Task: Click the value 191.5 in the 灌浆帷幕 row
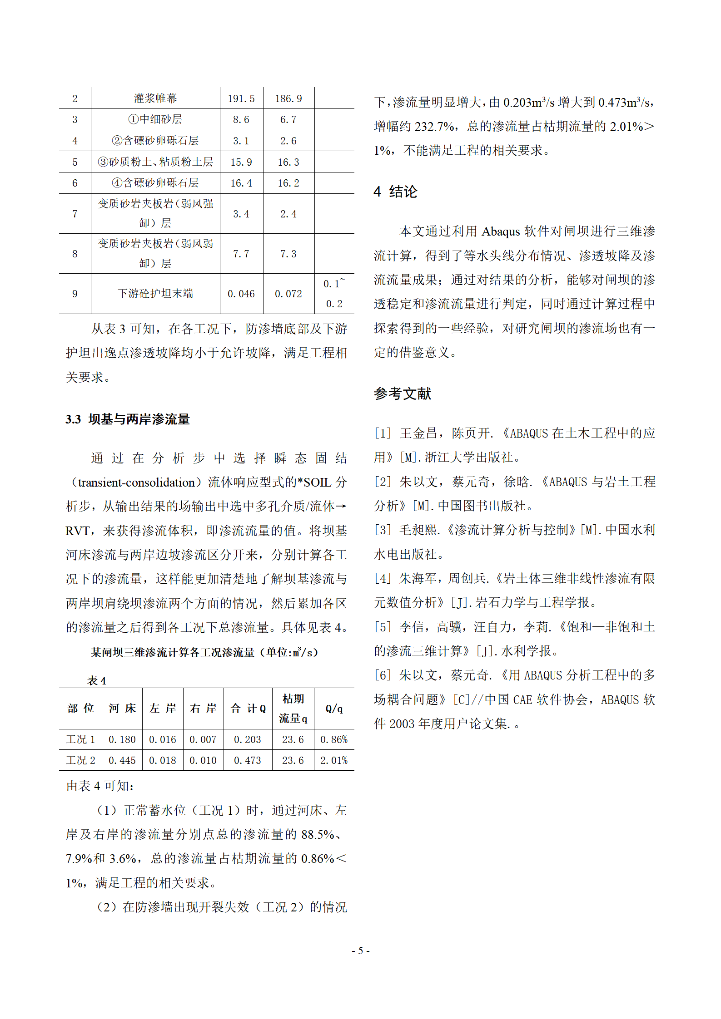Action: click(x=241, y=98)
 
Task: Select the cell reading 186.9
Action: click(x=288, y=98)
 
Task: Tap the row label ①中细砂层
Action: click(x=155, y=119)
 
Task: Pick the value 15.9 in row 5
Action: click(x=241, y=162)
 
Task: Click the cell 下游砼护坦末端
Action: click(x=155, y=294)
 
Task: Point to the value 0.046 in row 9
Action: click(x=241, y=294)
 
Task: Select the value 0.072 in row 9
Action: click(x=288, y=294)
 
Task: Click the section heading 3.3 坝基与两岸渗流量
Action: click(x=128, y=419)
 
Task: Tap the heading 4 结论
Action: click(x=395, y=192)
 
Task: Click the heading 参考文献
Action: click(x=403, y=394)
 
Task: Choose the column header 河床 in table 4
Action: click(x=122, y=708)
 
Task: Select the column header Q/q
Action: click(x=334, y=708)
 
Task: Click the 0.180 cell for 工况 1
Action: click(x=122, y=739)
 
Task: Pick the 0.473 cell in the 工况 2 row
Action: click(x=248, y=760)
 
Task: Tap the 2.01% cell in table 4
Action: click(x=334, y=760)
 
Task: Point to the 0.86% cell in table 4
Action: click(x=334, y=739)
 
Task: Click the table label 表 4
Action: click(x=97, y=680)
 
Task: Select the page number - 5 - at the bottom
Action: click(x=361, y=950)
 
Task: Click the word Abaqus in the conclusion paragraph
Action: click(x=501, y=231)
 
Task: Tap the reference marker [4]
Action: click(x=383, y=578)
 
